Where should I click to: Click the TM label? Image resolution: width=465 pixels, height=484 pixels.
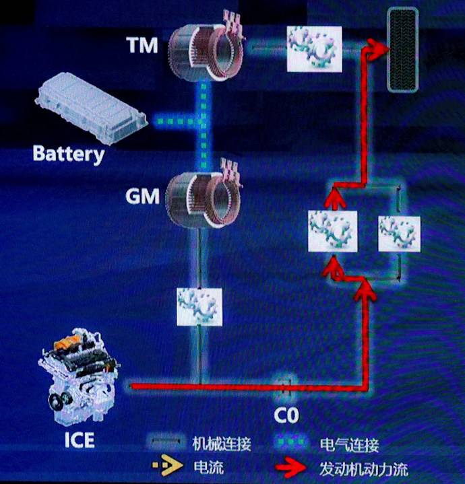tap(142, 45)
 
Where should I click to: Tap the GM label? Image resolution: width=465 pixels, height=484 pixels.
tap(142, 197)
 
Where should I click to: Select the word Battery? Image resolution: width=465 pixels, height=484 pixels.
tap(69, 154)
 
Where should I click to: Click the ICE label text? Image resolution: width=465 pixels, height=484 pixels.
tap(79, 441)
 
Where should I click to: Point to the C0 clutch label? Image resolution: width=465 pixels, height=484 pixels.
tap(286, 415)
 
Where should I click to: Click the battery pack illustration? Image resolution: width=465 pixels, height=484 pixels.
tap(92, 108)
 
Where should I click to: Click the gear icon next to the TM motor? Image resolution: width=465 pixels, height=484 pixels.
tap(314, 48)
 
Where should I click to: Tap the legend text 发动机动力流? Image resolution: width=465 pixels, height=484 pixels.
tap(363, 468)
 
